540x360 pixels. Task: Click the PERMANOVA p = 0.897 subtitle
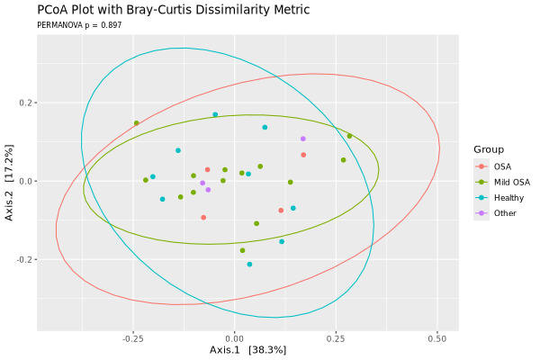point(79,25)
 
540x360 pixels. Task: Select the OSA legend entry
point(502,166)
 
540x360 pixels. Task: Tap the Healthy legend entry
point(508,197)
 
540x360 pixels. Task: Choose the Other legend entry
point(505,213)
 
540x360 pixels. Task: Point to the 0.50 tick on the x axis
point(437,338)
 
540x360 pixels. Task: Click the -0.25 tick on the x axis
point(132,338)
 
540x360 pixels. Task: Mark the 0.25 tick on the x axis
point(336,338)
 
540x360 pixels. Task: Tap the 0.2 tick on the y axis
point(26,103)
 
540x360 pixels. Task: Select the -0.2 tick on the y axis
point(24,259)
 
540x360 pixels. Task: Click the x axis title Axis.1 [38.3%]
point(247,349)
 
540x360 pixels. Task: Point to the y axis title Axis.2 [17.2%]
point(10,181)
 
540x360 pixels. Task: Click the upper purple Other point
point(303,139)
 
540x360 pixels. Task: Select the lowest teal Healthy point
point(249,265)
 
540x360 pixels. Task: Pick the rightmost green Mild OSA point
point(350,136)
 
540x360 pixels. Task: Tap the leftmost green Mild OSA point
point(137,123)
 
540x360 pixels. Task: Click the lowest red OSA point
point(203,217)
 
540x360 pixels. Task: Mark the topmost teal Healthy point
point(215,114)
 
